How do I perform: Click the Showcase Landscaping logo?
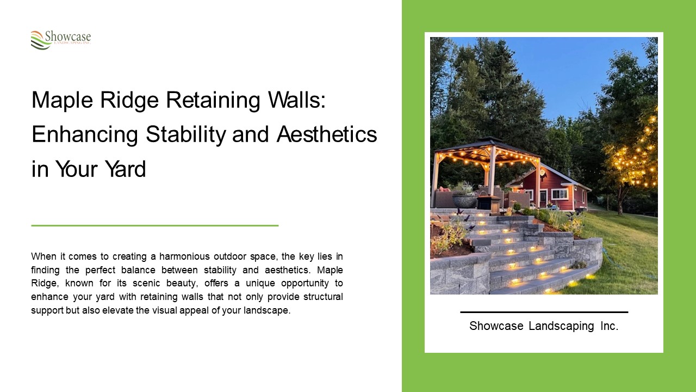click(60, 40)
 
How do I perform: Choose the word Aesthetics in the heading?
click(326, 134)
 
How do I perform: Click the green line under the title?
click(155, 225)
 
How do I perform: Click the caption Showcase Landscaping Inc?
click(544, 326)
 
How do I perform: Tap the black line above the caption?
click(544, 312)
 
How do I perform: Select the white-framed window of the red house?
click(559, 193)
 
